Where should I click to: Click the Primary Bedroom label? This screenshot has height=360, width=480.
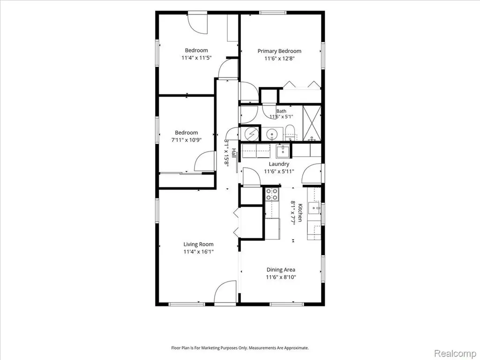(279, 51)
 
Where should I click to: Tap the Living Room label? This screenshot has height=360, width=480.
(198, 244)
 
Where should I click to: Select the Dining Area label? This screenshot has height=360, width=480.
(281, 270)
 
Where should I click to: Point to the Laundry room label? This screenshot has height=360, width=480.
(279, 164)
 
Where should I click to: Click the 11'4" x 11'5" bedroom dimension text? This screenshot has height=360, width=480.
(196, 58)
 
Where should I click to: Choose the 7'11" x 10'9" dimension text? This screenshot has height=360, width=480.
(186, 140)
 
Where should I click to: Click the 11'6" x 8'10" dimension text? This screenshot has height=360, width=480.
(281, 277)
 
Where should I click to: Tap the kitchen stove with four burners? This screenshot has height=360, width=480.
(272, 194)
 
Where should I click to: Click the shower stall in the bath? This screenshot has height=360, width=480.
(312, 123)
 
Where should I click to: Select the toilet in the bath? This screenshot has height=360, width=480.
(289, 133)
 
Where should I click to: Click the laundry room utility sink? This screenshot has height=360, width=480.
(283, 151)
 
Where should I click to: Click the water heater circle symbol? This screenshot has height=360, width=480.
(252, 134)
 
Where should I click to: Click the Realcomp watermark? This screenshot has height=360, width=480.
(455, 353)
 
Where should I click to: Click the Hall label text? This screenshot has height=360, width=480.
(234, 153)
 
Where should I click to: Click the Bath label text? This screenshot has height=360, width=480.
(281, 111)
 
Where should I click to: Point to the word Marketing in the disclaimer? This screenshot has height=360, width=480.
(216, 348)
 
